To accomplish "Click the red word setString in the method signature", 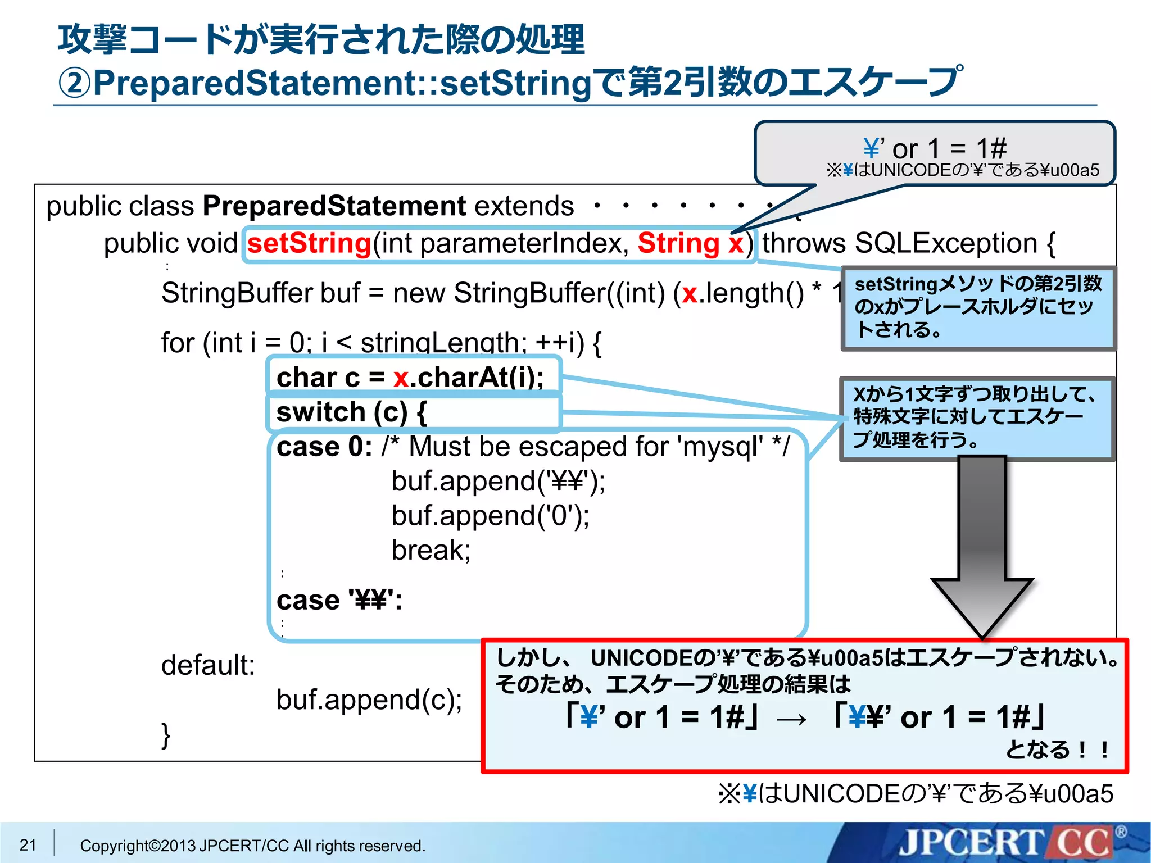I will [309, 243].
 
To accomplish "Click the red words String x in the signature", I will [690, 243].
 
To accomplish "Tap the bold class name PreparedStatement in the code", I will [334, 206].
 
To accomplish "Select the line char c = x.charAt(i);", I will [410, 377].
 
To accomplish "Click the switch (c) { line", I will [351, 412].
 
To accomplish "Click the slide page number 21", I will [28, 844].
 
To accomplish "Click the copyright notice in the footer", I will [252, 846].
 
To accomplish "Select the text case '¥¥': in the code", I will [339, 601].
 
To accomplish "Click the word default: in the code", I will [208, 665].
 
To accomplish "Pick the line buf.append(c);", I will [369, 700].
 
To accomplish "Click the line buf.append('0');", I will [490, 515].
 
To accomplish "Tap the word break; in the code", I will [431, 550].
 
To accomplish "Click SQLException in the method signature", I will [945, 243].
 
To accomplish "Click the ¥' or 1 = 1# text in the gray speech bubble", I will [935, 148].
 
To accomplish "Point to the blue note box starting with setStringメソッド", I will [978, 308].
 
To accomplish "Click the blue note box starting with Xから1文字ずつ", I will [977, 418].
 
